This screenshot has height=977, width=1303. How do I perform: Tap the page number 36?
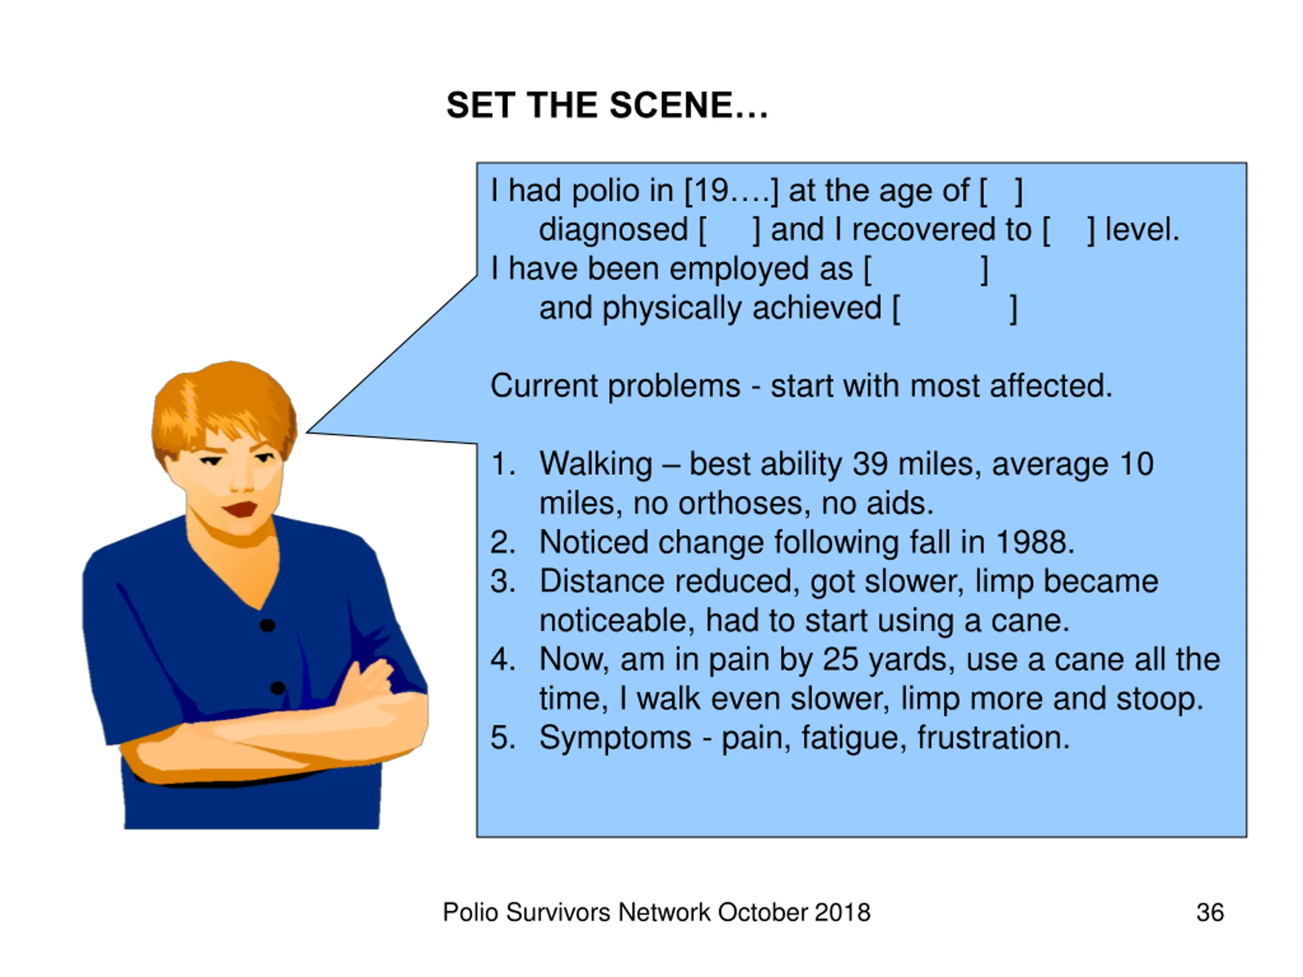[x=1210, y=912]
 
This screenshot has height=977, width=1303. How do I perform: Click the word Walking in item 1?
[x=596, y=465]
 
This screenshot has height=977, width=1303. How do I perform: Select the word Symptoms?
[x=615, y=738]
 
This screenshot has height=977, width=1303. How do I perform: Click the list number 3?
[x=502, y=581]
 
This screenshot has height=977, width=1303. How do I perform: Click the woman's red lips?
[x=240, y=508]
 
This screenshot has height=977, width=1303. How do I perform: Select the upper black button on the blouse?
[x=267, y=625]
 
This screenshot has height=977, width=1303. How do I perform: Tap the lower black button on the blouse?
[x=277, y=688]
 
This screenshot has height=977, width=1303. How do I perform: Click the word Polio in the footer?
[x=470, y=912]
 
